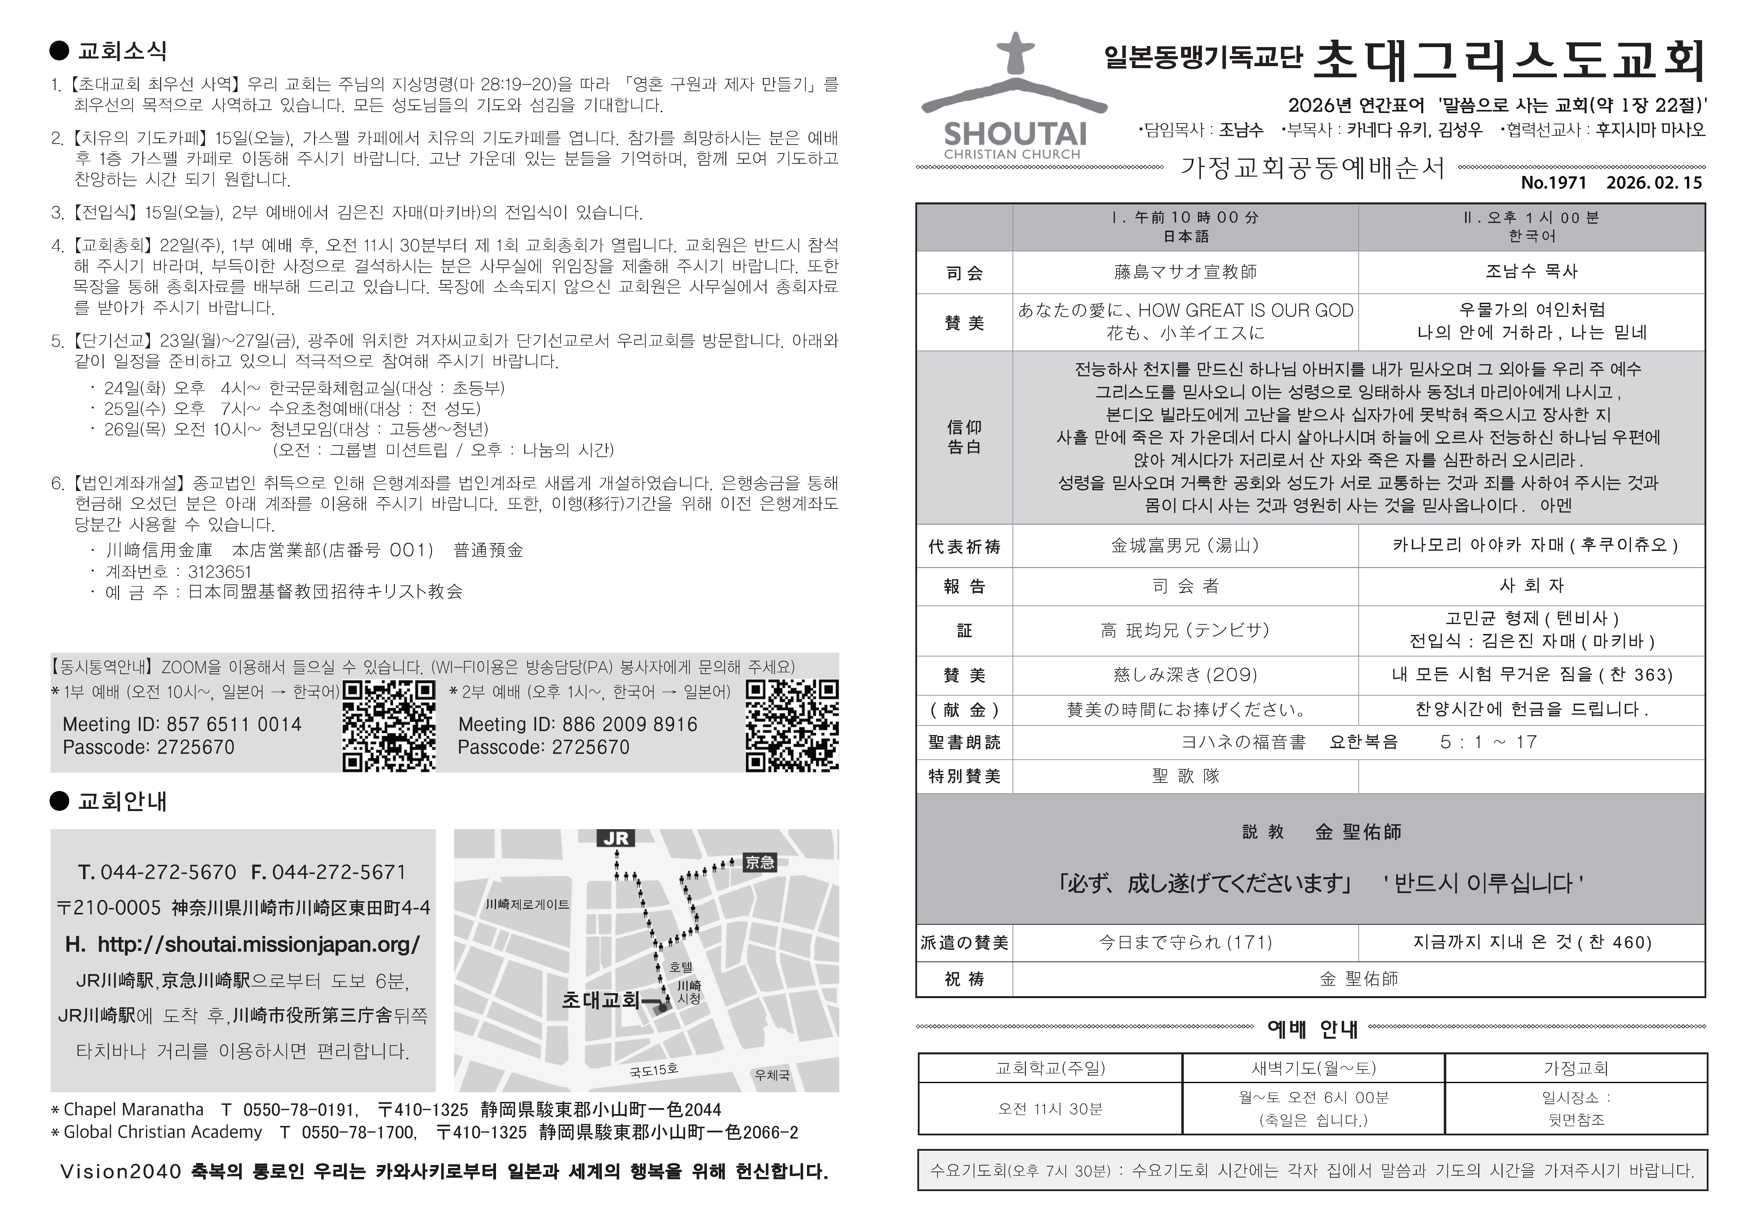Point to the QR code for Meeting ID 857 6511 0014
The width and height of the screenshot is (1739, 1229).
coord(389,725)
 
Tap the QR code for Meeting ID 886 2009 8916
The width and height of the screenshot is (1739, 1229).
coord(791,725)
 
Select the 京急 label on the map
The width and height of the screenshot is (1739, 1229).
coord(760,862)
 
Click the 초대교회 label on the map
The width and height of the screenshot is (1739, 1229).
coord(601,1000)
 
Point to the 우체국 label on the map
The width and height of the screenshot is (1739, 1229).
coord(772,1074)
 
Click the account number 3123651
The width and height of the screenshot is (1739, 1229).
coord(220,572)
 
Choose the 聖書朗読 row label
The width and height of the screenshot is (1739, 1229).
coord(964,742)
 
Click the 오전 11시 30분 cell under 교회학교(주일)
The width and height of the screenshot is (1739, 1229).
coord(1050,1109)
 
